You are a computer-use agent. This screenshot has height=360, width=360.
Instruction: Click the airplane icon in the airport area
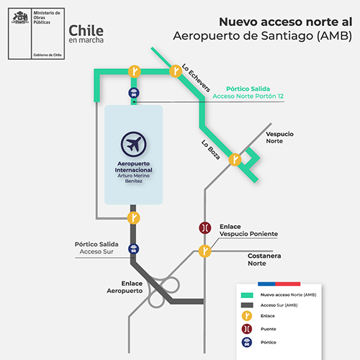click(133, 144)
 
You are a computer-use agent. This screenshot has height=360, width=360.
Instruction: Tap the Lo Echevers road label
click(196, 78)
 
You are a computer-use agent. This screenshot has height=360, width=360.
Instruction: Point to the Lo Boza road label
click(210, 150)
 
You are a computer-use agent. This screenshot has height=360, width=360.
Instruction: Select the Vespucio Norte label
click(279, 138)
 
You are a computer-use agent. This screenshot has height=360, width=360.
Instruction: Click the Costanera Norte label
click(264, 259)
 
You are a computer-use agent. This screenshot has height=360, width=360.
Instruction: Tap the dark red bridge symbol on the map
click(205, 228)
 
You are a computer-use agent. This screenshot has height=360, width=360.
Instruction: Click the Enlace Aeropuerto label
click(125, 287)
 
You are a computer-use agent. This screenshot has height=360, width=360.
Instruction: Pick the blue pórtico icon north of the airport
click(134, 93)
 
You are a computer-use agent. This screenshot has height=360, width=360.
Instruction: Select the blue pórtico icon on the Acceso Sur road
click(134, 249)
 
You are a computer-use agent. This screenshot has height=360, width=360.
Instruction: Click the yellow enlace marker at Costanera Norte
click(204, 251)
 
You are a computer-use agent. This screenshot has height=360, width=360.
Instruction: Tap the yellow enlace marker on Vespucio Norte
click(235, 160)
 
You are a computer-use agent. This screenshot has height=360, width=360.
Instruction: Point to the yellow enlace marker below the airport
click(133, 218)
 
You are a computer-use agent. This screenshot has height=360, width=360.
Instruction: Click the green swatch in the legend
click(247, 295)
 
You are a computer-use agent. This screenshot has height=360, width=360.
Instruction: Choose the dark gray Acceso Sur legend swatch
click(247, 305)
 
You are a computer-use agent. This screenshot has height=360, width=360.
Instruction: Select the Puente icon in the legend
click(247, 329)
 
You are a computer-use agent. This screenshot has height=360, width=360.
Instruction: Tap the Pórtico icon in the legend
click(247, 342)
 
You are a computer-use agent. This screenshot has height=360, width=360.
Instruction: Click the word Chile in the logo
click(86, 31)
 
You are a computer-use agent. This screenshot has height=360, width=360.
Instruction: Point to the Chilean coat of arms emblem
click(20, 18)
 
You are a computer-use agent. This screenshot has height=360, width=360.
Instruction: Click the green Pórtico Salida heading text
click(248, 89)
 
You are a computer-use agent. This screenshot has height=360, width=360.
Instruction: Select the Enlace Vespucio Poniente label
click(248, 230)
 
